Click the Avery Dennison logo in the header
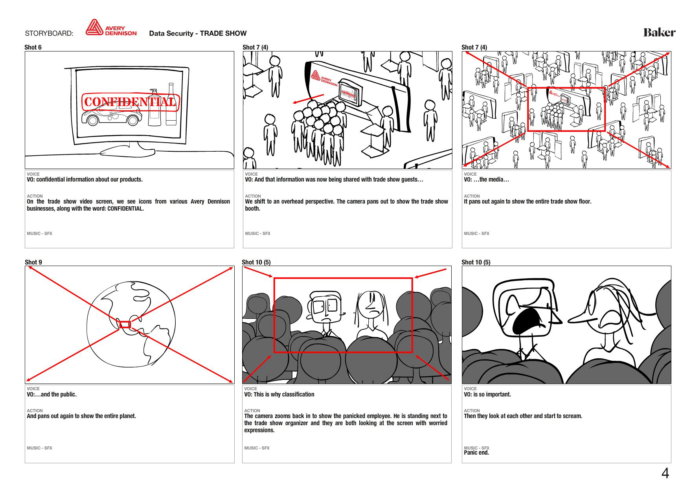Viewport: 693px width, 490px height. pyautogui.click(x=111, y=28)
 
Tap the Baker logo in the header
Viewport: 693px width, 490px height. pyautogui.click(x=659, y=32)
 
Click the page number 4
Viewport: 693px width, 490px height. pyautogui.click(x=665, y=473)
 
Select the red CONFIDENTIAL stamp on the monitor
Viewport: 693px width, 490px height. pyautogui.click(x=131, y=102)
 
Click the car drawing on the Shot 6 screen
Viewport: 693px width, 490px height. pyautogui.click(x=112, y=114)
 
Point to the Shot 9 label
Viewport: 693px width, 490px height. pyautogui.click(x=33, y=262)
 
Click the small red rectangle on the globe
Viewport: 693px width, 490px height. pyautogui.click(x=125, y=325)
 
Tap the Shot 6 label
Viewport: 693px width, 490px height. pyautogui.click(x=33, y=47)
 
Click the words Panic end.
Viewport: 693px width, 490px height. pyautogui.click(x=476, y=453)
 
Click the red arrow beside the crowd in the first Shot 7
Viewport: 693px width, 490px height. pyautogui.click(x=309, y=99)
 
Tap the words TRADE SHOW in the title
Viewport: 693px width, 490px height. pyautogui.click(x=223, y=33)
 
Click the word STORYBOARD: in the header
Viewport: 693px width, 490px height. pyautogui.click(x=49, y=33)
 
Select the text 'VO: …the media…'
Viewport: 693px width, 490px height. pyautogui.click(x=487, y=180)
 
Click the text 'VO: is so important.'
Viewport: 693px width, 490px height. pyautogui.click(x=487, y=395)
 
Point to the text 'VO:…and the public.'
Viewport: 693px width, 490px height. pyautogui.click(x=52, y=395)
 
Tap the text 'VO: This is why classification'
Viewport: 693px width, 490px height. pyautogui.click(x=279, y=395)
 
